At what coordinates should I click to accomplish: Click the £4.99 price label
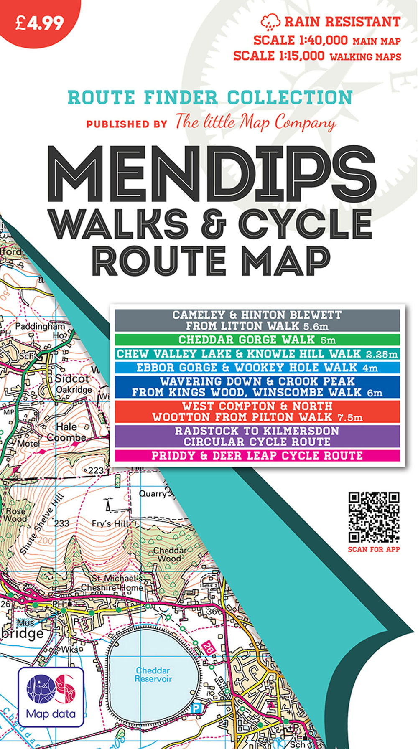pyautogui.click(x=39, y=23)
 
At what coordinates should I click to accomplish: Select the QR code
pyautogui.click(x=374, y=517)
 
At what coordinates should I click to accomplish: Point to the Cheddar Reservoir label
pyautogui.click(x=153, y=674)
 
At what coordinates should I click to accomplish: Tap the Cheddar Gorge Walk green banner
pyautogui.click(x=257, y=340)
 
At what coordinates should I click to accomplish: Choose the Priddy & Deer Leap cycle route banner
pyautogui.click(x=257, y=455)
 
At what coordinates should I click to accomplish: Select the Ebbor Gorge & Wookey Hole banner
pyautogui.click(x=257, y=368)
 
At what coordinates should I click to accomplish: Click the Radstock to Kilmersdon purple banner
pyautogui.click(x=257, y=436)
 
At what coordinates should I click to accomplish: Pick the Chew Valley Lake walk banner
pyautogui.click(x=257, y=354)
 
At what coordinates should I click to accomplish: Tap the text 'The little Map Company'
pyautogui.click(x=255, y=122)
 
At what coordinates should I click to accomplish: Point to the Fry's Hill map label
pyautogui.click(x=110, y=523)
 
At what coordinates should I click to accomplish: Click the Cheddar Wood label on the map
pyautogui.click(x=169, y=554)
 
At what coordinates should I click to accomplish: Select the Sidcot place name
pyautogui.click(x=72, y=378)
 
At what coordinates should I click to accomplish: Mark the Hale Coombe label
pyautogui.click(x=66, y=432)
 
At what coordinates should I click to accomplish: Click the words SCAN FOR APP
pyautogui.click(x=374, y=549)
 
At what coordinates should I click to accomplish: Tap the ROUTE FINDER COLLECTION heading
pyautogui.click(x=210, y=98)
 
